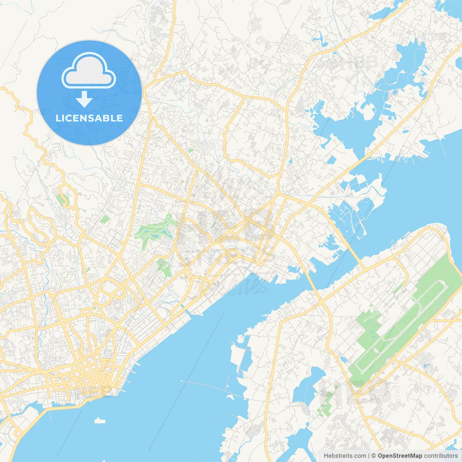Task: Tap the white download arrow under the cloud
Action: (84, 99)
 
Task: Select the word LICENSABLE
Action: (89, 118)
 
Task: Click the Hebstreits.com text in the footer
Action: (345, 456)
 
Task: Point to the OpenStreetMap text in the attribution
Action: (400, 456)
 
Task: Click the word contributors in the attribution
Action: (441, 456)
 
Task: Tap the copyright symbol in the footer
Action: (374, 456)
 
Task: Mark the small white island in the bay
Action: (100, 420)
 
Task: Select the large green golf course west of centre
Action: (153, 231)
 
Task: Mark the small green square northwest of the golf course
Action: (105, 219)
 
